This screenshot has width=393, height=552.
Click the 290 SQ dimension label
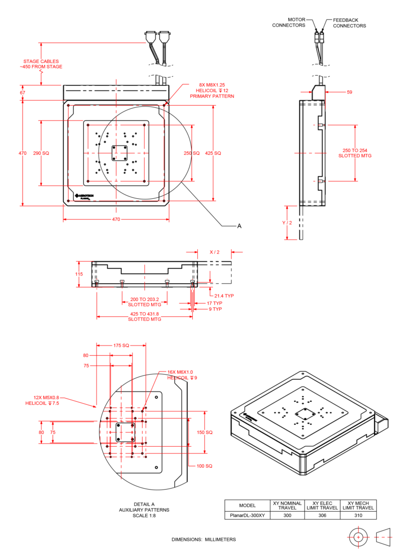(41, 153)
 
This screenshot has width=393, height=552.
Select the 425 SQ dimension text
(213, 153)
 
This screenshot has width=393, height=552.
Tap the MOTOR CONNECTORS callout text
(289, 22)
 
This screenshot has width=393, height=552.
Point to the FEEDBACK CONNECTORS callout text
(350, 22)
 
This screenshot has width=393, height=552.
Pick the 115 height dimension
(79, 274)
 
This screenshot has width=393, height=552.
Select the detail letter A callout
(238, 225)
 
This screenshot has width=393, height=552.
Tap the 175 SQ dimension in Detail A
(121, 346)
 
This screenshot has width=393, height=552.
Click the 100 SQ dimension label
(204, 466)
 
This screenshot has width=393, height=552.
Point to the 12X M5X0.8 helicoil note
(42, 400)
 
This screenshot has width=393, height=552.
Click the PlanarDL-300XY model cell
(247, 515)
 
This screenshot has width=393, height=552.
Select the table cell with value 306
(322, 515)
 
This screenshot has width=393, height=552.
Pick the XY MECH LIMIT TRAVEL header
(358, 505)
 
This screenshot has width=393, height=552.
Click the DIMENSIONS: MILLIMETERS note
(204, 539)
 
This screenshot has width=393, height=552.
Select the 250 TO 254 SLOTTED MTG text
(355, 153)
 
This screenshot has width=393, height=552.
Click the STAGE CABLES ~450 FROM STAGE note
(43, 63)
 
